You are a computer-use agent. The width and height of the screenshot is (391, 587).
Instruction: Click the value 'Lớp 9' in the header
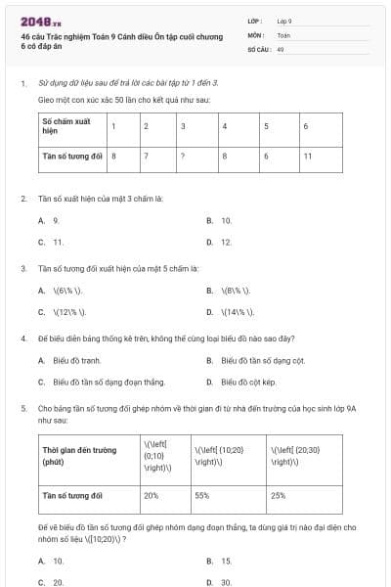pyautogui.click(x=284, y=20)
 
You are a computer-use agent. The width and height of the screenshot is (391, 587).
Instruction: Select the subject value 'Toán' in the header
pyautogui.click(x=283, y=34)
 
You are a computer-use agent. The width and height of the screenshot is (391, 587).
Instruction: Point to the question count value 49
pyautogui.click(x=281, y=49)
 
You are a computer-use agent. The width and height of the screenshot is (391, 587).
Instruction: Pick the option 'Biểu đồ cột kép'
pyautogui.click(x=248, y=383)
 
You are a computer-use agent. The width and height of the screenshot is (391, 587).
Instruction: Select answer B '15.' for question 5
pyautogui.click(x=226, y=561)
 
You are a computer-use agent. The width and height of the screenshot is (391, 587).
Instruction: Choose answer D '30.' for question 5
pyautogui.click(x=226, y=582)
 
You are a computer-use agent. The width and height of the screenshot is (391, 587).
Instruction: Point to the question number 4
pyautogui.click(x=23, y=339)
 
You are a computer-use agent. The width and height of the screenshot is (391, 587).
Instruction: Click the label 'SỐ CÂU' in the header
pyautogui.click(x=257, y=49)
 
